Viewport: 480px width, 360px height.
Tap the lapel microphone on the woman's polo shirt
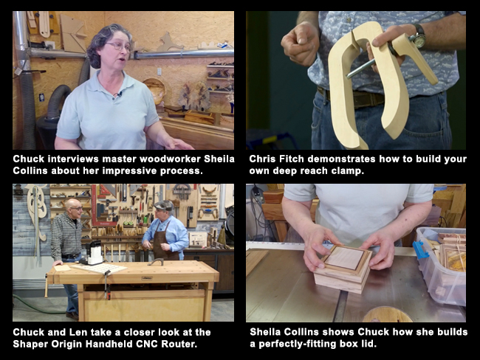coord(117,94)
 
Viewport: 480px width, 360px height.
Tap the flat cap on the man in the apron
coord(163,204)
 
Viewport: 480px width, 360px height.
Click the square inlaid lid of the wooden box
coord(346,259)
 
